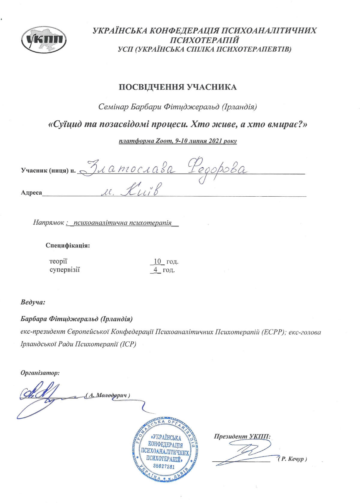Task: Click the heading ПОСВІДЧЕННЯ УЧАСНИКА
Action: tap(178, 87)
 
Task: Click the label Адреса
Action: tap(31, 192)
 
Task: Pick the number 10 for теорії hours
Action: tap(157, 261)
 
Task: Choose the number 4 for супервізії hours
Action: tap(155, 270)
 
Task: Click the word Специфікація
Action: tap(68, 246)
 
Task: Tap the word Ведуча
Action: tap(33, 302)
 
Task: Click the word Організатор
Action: tap(40, 373)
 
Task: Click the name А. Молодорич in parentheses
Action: tap(108, 395)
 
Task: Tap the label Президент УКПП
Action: tap(242, 436)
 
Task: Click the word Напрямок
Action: tap(48, 223)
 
